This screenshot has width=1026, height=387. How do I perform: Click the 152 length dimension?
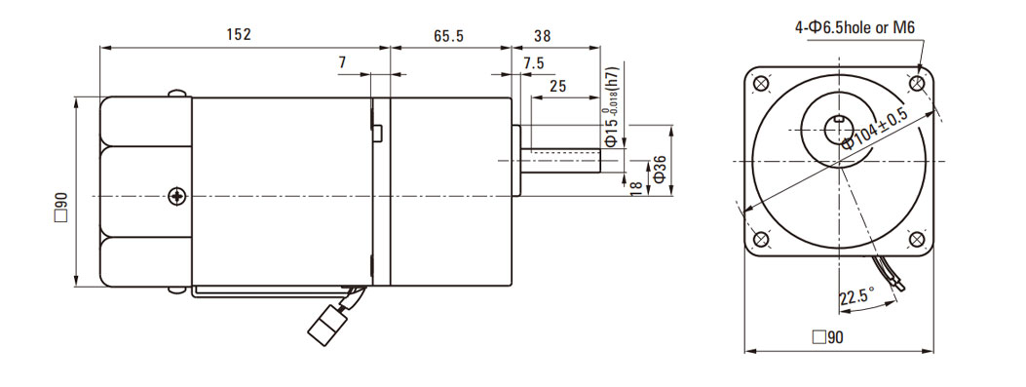point(239,35)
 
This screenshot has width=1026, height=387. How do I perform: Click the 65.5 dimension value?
point(448,36)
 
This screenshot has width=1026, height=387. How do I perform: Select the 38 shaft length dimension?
point(542,36)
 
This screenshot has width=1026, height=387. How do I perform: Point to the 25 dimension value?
point(557,86)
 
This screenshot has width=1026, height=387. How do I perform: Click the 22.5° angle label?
point(857,296)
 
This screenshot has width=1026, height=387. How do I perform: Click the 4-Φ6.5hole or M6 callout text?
point(854,27)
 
